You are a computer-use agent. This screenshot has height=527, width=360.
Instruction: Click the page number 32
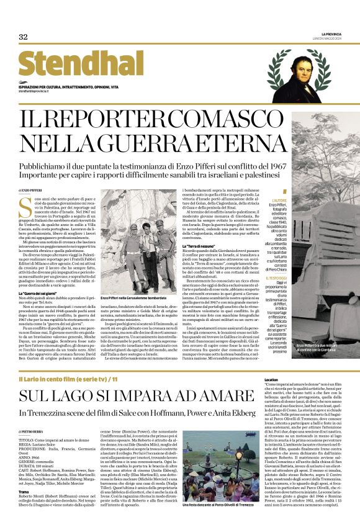coord(23,37)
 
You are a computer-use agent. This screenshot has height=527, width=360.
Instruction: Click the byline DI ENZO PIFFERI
coord(29,189)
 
